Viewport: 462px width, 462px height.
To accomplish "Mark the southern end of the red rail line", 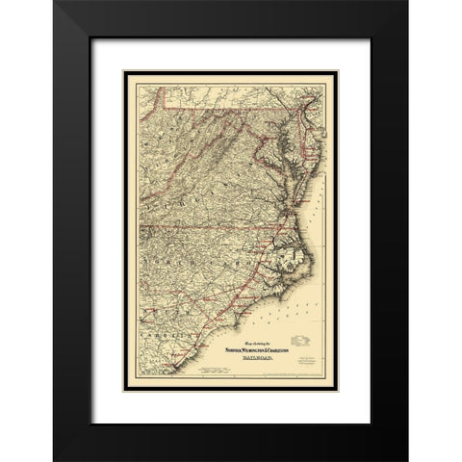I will pyautogui.click(x=171, y=366).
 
